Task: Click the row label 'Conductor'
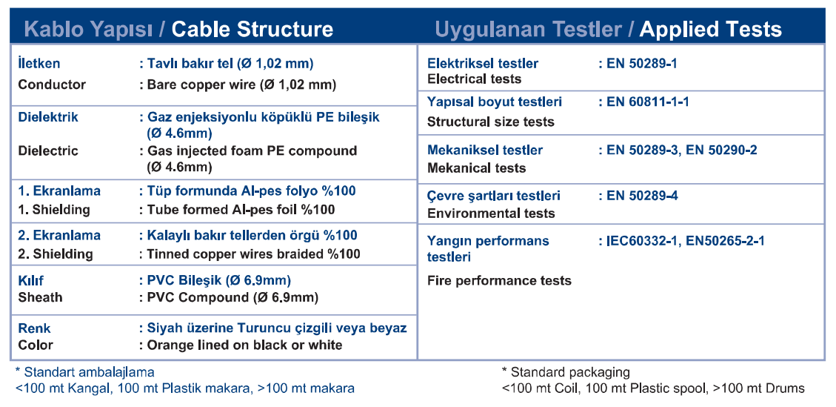click(52, 85)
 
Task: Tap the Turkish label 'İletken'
click(39, 63)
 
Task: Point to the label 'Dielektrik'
click(48, 118)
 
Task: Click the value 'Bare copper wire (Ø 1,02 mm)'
click(241, 85)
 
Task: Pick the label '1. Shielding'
click(54, 209)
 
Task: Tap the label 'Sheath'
click(40, 297)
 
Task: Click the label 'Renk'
click(35, 328)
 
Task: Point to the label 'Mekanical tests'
click(477, 168)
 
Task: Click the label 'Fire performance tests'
click(499, 280)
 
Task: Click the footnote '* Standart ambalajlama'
click(85, 372)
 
